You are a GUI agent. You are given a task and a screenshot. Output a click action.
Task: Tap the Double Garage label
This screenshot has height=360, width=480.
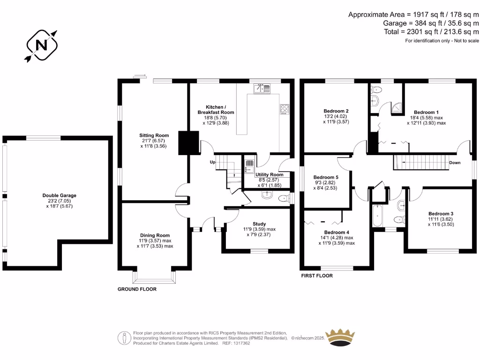point(59,195)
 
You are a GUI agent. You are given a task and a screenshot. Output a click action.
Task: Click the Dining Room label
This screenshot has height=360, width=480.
point(155,235)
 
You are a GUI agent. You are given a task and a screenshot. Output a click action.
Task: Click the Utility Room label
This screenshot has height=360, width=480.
point(270,174)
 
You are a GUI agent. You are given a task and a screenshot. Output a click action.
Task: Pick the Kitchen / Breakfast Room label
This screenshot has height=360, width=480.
point(216,110)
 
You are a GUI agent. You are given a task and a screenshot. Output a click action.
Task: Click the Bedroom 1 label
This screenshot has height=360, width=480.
point(426,112)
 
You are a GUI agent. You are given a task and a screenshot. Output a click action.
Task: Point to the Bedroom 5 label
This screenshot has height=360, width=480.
point(326,177)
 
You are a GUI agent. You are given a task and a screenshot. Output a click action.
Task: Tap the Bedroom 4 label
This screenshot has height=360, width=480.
point(337,232)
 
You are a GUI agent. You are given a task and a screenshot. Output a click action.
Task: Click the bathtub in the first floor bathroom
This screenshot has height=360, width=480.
point(378,216)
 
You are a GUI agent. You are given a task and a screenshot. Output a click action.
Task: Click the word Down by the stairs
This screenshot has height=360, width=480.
point(455,163)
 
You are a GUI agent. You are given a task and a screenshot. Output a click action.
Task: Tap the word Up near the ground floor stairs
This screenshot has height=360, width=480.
point(213,162)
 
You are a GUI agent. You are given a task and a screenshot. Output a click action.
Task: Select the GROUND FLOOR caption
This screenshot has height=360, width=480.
point(137,289)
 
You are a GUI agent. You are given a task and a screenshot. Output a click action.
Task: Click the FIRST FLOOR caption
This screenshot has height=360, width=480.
point(317,276)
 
